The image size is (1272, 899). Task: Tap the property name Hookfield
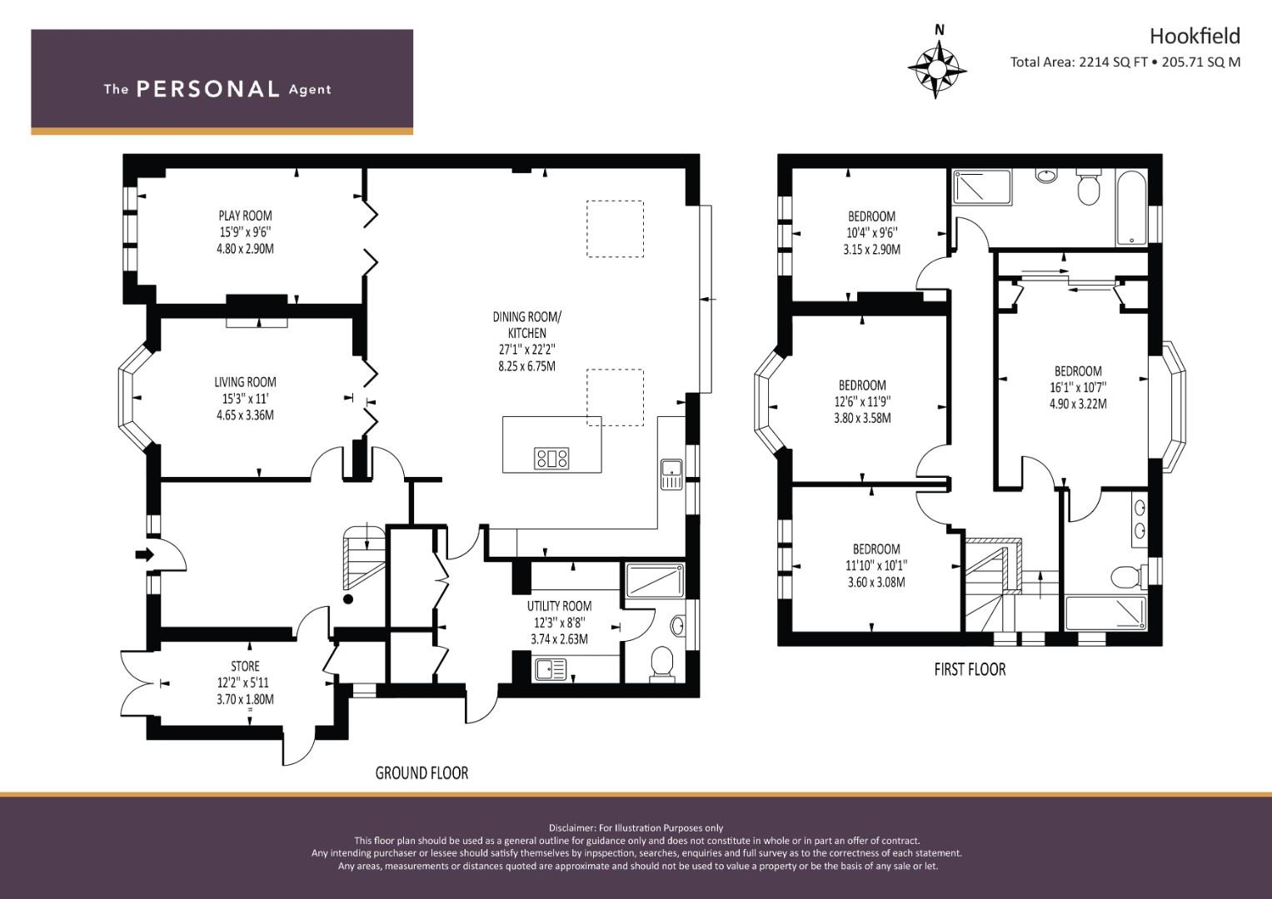(1195, 36)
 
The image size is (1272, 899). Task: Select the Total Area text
(1125, 62)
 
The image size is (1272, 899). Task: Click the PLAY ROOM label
(245, 216)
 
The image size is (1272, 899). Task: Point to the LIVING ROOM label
(245, 383)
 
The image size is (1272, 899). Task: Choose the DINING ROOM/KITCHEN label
(526, 325)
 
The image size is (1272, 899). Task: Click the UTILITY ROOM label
(559, 607)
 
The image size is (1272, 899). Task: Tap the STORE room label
(245, 667)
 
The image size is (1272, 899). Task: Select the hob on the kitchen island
(551, 458)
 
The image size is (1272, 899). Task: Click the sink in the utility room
(550, 668)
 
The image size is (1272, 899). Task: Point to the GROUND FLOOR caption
(422, 773)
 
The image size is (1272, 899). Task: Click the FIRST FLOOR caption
(970, 670)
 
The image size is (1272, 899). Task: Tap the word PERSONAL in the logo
(207, 89)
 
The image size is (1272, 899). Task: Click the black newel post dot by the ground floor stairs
(348, 599)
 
